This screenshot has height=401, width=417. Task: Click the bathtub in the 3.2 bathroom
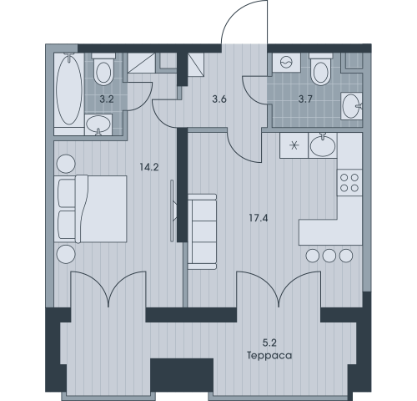69,89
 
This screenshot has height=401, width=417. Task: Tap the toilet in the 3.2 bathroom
103,69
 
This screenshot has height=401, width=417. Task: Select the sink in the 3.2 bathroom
98,124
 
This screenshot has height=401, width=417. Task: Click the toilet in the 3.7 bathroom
321,69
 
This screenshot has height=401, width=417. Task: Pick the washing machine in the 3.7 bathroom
286,63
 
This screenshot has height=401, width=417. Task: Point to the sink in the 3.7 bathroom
352,106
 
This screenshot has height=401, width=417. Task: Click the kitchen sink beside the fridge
323,145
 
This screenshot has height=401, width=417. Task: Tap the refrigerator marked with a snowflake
294,145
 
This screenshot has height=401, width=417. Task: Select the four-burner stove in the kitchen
349,183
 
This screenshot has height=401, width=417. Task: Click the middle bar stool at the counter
329,256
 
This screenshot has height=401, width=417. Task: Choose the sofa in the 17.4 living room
202,231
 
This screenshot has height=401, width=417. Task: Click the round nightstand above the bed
66,164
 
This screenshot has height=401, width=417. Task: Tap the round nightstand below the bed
66,254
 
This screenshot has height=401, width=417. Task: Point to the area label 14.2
149,167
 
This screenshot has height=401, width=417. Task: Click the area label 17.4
259,218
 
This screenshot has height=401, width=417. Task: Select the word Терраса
269,356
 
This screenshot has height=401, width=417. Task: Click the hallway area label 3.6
219,99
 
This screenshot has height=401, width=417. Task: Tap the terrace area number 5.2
269,343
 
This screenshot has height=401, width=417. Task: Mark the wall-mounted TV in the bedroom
173,211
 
